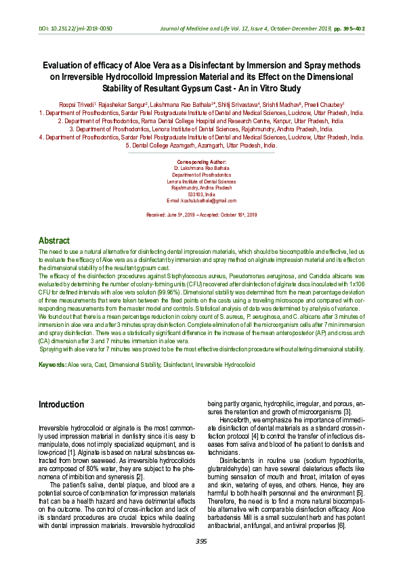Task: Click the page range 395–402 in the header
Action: pyautogui.click(x=352, y=28)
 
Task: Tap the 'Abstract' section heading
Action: pyautogui.click(x=54, y=240)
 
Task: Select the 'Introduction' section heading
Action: pyautogui.click(x=62, y=404)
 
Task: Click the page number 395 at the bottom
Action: pyautogui.click(x=201, y=542)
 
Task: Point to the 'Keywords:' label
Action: pyautogui.click(x=52, y=364)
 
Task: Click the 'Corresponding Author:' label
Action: pyautogui.click(x=201, y=162)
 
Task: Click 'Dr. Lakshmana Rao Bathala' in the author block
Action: pyautogui.click(x=201, y=169)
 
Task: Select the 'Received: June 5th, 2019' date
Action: pyautogui.click(x=171, y=215)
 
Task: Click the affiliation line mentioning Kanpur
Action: pyautogui.click(x=201, y=121)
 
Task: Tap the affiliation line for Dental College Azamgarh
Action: pyautogui.click(x=201, y=145)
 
